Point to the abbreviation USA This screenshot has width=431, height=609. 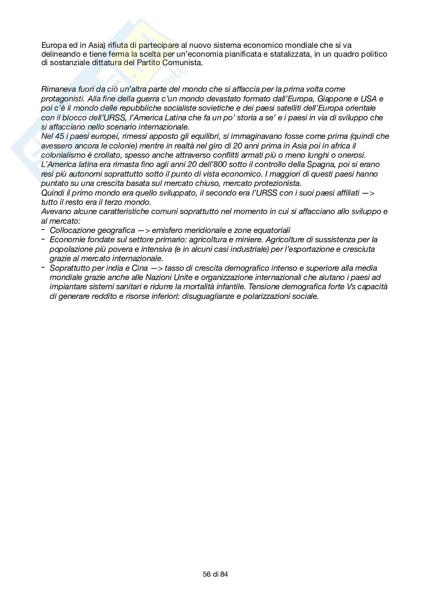368,99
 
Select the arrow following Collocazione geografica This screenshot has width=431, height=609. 143,230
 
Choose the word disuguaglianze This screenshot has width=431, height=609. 210,296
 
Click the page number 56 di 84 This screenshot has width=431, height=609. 215,574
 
